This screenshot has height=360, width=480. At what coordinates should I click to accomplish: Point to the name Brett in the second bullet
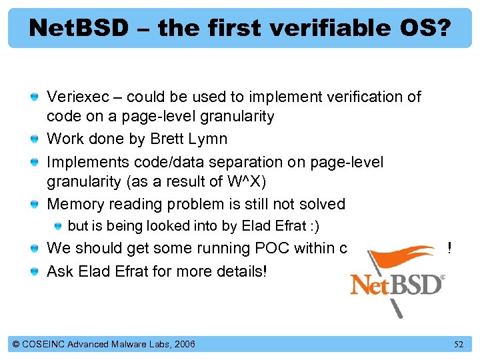point(169,139)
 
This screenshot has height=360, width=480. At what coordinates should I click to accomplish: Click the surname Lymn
point(209,139)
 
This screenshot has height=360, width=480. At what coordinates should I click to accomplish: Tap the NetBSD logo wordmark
point(397,285)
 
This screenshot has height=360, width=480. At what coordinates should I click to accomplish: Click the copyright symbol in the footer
point(16,344)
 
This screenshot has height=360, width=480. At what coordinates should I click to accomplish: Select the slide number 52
point(458,345)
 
